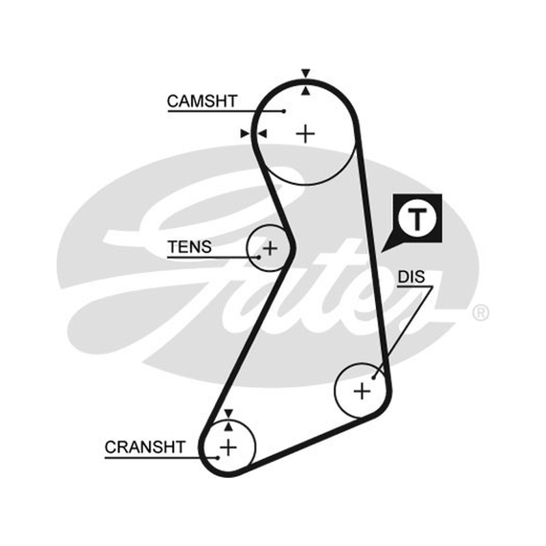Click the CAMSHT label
pyautogui.click(x=202, y=101)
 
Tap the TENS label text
pyautogui.click(x=190, y=247)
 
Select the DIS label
pyautogui.click(x=412, y=277)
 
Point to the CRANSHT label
pyautogui.click(x=145, y=447)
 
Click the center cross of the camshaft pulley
pyautogui.click(x=306, y=133)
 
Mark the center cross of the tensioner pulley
pyautogui.click(x=270, y=248)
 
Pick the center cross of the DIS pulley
pyautogui.click(x=362, y=391)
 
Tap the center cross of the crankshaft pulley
pyautogui.click(x=229, y=447)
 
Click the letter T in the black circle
pyautogui.click(x=417, y=219)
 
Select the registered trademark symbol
pyautogui.click(x=480, y=313)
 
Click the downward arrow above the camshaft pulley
pyautogui.click(x=306, y=74)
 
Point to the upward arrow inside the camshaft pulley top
pyautogui.click(x=306, y=91)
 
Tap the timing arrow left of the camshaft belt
pyautogui.click(x=245, y=133)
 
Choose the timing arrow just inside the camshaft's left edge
pyautogui.click(x=262, y=133)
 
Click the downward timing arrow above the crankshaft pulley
pyautogui.click(x=229, y=414)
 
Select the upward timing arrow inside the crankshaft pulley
pyautogui.click(x=229, y=426)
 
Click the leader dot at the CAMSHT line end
pyautogui.click(x=284, y=111)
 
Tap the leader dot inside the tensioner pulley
pyautogui.click(x=259, y=257)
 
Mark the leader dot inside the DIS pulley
pyautogui.click(x=373, y=378)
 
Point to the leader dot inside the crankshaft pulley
pyautogui.click(x=218, y=457)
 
